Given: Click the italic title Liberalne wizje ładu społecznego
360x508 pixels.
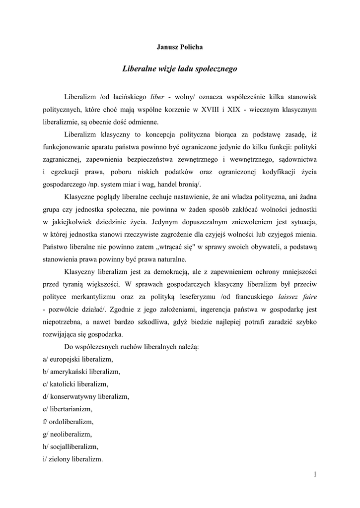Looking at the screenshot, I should pos(180,69).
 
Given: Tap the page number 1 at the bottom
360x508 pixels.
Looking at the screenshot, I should pos(315,474).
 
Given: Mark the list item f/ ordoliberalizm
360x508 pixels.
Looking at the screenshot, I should pos(68,422).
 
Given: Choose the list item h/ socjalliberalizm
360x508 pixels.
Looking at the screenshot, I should pos(71,447).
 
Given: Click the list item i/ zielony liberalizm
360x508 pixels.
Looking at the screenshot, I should pos(73,459).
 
